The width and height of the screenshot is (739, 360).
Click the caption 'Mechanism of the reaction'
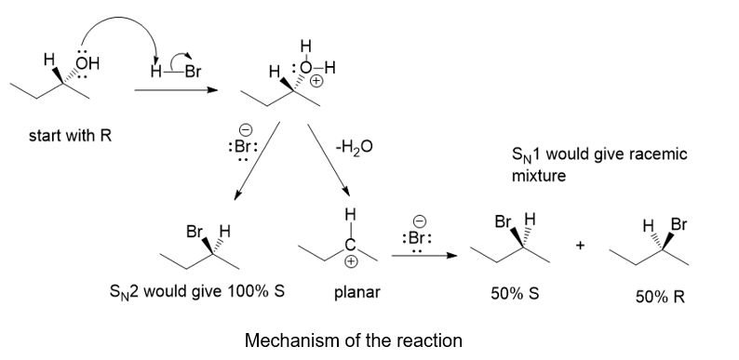pos(354,340)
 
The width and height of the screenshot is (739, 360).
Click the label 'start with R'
pos(70,136)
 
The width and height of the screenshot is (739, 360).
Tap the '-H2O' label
pos(354,148)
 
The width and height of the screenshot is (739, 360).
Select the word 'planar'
pos(356,293)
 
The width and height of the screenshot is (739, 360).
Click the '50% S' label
pos(515,294)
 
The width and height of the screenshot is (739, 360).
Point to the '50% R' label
pos(660,297)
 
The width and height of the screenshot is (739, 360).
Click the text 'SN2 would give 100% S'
pos(197,291)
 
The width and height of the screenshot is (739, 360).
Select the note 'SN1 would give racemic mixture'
pos(599,165)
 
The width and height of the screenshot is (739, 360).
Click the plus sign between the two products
pos(580,245)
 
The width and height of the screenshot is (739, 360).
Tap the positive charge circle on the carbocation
pos(351,262)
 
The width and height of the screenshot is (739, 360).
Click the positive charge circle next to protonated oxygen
pos(316,81)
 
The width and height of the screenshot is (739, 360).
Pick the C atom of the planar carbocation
pos(351,245)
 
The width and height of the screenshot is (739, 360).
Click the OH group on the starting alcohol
pos(88,63)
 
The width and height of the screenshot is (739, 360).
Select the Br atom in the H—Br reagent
pos(193,72)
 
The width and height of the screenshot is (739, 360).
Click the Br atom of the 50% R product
pos(679,224)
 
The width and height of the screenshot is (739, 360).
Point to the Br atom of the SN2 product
pos(195,232)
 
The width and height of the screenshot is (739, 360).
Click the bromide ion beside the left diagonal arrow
pos(243,145)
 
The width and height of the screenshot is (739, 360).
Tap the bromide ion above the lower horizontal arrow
pos(417,236)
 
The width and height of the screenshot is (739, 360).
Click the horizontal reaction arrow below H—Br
pos(176,89)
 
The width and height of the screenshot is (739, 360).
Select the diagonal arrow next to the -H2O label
pos(329,160)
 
